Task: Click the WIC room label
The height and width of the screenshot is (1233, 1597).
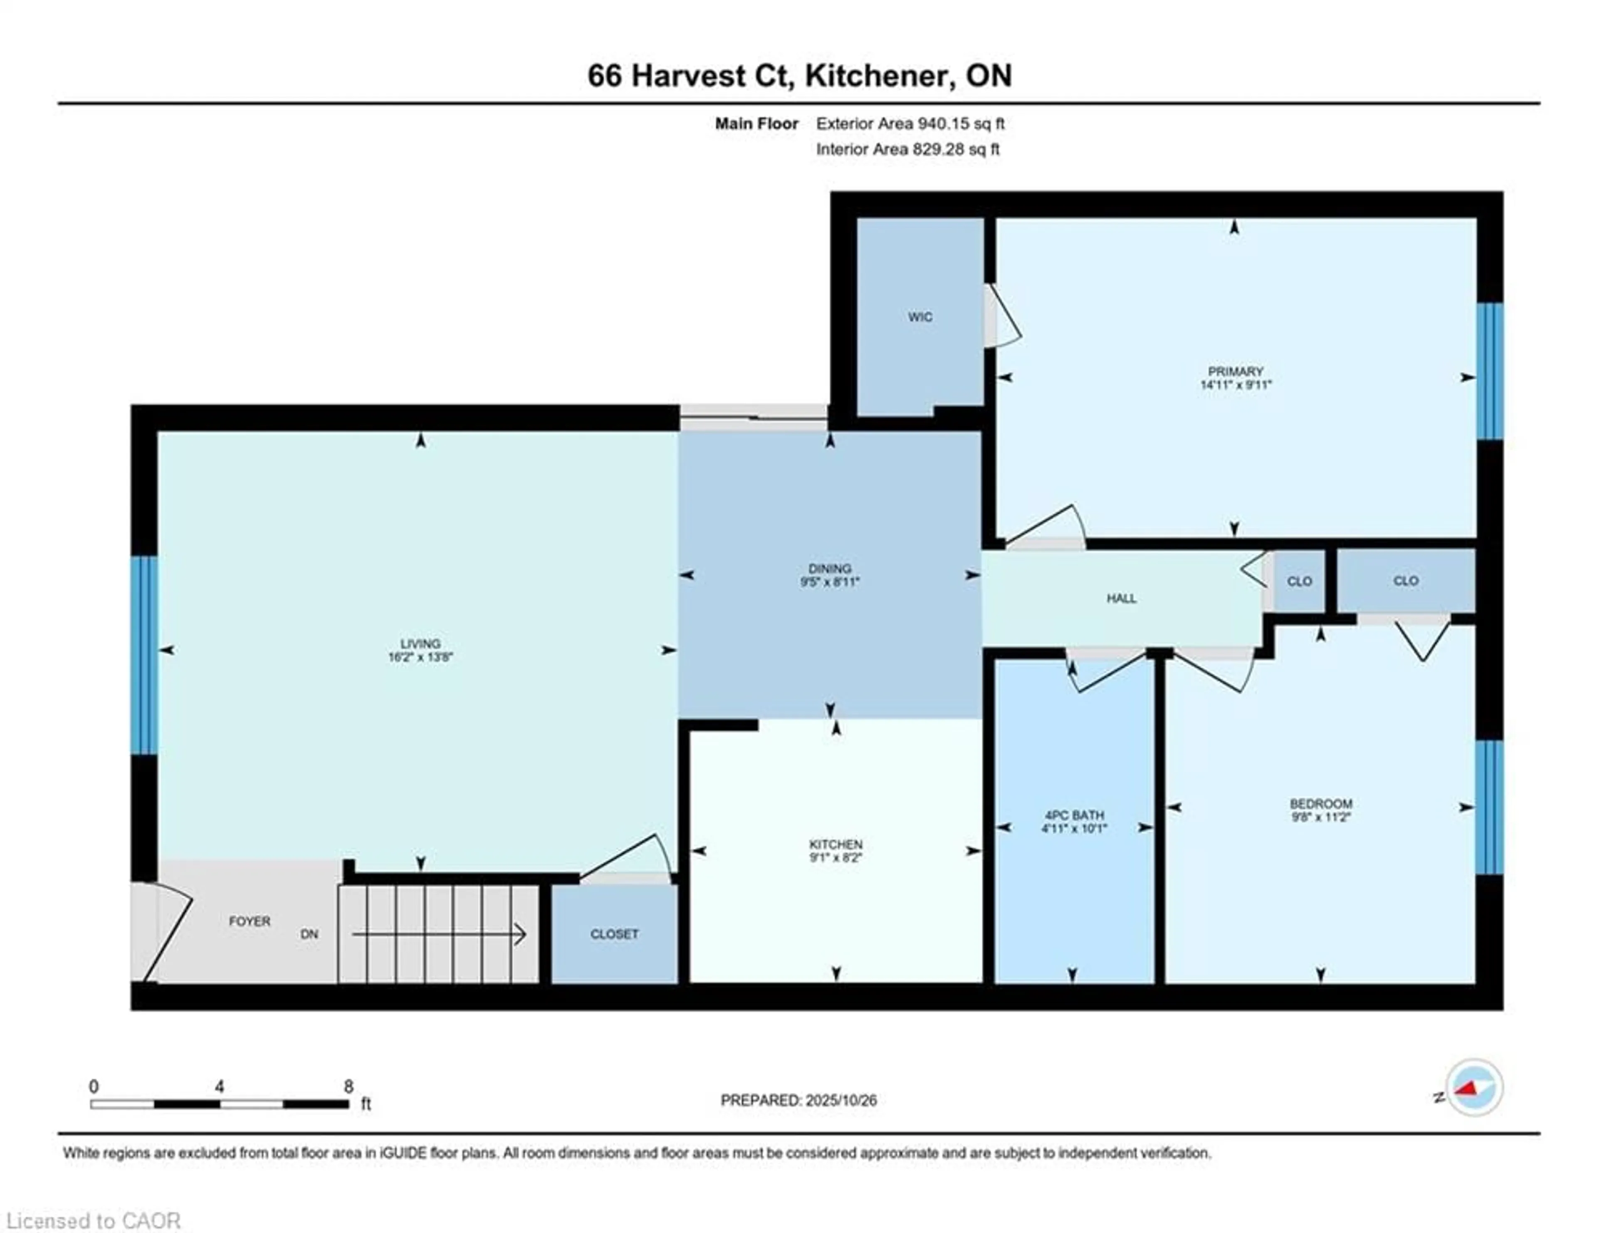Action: click(920, 317)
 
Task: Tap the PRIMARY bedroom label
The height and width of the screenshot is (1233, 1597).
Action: click(1236, 371)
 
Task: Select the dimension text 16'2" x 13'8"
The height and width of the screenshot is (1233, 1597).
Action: click(420, 657)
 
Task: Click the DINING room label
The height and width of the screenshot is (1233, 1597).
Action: click(829, 568)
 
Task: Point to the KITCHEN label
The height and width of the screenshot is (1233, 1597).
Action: click(836, 844)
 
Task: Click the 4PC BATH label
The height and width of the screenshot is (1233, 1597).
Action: click(1074, 815)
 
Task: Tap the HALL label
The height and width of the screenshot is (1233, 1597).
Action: click(1121, 598)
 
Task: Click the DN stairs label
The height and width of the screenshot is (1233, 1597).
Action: click(309, 934)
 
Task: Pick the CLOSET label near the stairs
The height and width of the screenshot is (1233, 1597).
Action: click(614, 934)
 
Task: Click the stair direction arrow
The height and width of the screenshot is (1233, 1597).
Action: click(439, 934)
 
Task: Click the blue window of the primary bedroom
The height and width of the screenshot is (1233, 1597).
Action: click(1490, 371)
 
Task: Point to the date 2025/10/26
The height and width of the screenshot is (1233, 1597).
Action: click(840, 1100)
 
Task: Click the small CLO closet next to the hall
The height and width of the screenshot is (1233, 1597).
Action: click(1299, 582)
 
